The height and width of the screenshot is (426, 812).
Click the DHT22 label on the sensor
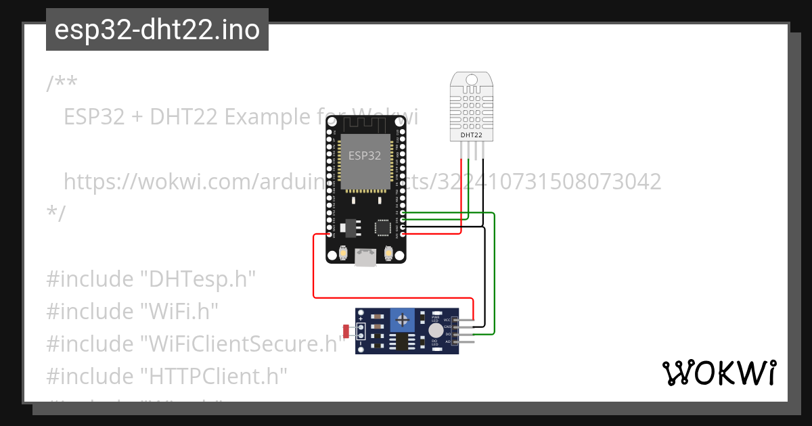click(472, 135)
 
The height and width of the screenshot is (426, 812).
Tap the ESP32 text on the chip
click(365, 156)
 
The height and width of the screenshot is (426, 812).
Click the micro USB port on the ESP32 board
click(366, 256)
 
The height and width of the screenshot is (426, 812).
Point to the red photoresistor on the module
click(346, 331)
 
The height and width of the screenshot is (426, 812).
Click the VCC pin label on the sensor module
click(447, 320)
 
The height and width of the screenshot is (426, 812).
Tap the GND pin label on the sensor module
click(447, 327)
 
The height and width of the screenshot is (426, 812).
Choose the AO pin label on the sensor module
click(447, 342)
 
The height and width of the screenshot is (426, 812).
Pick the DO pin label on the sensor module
click(447, 335)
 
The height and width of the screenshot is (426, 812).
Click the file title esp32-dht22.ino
click(157, 30)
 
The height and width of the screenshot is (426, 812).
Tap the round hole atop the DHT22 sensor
click(472, 80)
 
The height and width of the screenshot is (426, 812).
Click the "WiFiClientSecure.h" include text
click(240, 344)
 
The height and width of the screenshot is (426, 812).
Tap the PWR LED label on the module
click(436, 319)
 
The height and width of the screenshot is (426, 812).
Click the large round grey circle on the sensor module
click(436, 331)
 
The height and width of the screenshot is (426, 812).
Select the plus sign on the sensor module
click(361, 317)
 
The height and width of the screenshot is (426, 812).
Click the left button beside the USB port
click(344, 254)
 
